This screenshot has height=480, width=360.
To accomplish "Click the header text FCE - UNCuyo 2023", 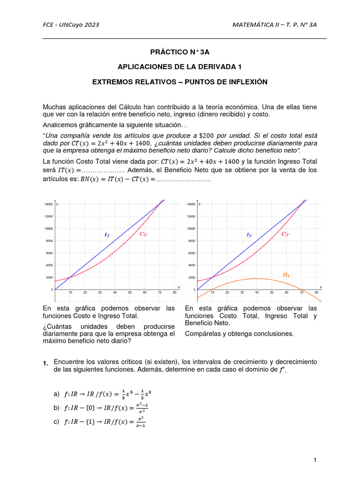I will pyautogui.click(x=71, y=25).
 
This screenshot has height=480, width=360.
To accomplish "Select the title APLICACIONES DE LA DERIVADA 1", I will pyautogui.click(x=180, y=67).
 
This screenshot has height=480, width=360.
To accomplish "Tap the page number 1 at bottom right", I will pyautogui.click(x=315, y=460).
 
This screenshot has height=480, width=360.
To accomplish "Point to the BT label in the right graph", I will pyautogui.click(x=286, y=275).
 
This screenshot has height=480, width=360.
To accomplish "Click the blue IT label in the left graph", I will pyautogui.click(x=107, y=234).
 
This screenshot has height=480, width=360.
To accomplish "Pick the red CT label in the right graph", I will pyautogui.click(x=285, y=234).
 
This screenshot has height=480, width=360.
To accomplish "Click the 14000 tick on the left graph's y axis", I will pyautogui.click(x=48, y=204).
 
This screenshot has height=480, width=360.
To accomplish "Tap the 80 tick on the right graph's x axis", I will pyautogui.click(x=316, y=292).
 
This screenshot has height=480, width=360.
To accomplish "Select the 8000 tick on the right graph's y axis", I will pyautogui.click(x=191, y=241).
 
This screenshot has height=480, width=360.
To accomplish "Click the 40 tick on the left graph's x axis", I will pyautogui.click(x=115, y=292).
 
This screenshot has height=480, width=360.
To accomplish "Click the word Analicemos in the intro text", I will pyautogui.click(x=61, y=125).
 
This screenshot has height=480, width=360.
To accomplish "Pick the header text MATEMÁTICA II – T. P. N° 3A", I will pyautogui.click(x=278, y=25).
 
